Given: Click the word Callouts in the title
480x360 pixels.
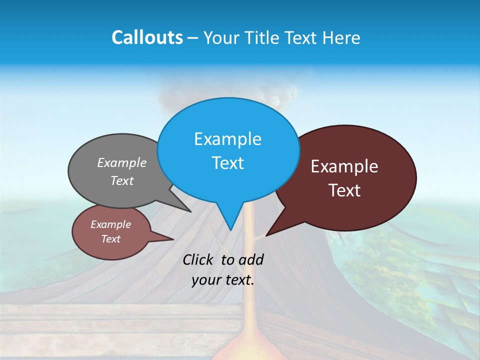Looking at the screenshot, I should coord(147,37).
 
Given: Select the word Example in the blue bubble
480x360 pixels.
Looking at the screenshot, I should coord(227,139).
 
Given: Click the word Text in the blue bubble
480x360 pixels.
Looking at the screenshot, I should coord(227,163).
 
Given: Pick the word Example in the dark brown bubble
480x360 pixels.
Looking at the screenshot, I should coord(344,166).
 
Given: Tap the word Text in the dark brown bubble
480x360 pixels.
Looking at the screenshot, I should coord(344,190).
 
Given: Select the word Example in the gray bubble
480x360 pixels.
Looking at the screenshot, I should coord(122,162).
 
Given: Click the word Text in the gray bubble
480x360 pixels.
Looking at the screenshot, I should coord(122,180).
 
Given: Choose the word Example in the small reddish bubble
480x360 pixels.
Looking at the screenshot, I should coord(110,224).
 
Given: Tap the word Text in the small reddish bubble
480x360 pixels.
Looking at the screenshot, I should coord(110,239).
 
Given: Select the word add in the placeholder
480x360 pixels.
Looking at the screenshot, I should coord(250,259).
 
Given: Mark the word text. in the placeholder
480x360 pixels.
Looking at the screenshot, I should coord(238,280).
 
